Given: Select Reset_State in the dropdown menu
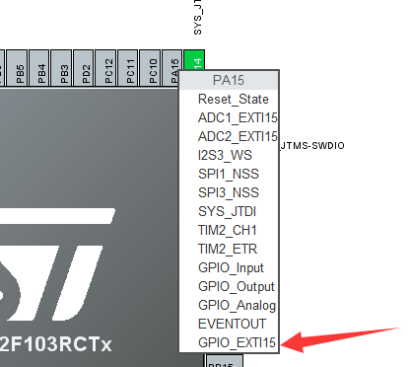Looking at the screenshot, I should pos(233,100).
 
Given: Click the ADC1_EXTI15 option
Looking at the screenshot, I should pos(237,118).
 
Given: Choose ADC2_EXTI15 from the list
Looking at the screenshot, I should pos(237,137).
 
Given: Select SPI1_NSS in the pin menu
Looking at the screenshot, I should pos(228,175).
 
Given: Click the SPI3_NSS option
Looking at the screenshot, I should pos(228,193).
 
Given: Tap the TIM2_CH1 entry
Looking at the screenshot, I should pos(228,230).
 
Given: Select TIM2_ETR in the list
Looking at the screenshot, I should pos(228,249).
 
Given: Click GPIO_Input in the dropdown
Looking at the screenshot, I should pos(231,267).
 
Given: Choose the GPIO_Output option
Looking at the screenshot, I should pos(235,286).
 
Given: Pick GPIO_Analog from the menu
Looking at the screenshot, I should pos(236,305).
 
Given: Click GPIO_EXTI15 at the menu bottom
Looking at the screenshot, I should pos(237,342).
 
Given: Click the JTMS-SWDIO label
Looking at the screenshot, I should pos(314,146).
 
